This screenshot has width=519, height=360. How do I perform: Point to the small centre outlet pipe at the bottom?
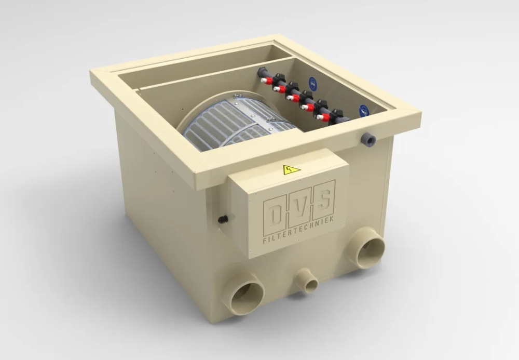pyautogui.click(x=306, y=281)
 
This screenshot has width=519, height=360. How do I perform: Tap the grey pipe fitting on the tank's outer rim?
pyautogui.click(x=368, y=139)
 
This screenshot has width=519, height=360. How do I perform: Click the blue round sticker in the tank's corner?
pyautogui.click(x=364, y=110)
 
